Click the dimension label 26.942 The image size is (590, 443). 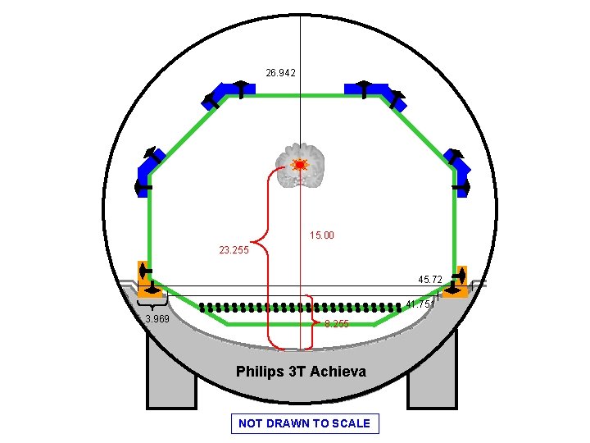(x=280, y=73)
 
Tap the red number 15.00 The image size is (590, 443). (x=322, y=235)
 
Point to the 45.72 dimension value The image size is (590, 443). (x=430, y=280)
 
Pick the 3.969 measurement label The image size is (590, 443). (x=157, y=319)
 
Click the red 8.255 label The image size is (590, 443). (x=336, y=324)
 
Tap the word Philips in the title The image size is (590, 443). (x=260, y=372)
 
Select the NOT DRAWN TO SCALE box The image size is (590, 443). (x=305, y=423)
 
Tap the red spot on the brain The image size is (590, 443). (x=300, y=165)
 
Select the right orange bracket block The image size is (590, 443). (x=456, y=280)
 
